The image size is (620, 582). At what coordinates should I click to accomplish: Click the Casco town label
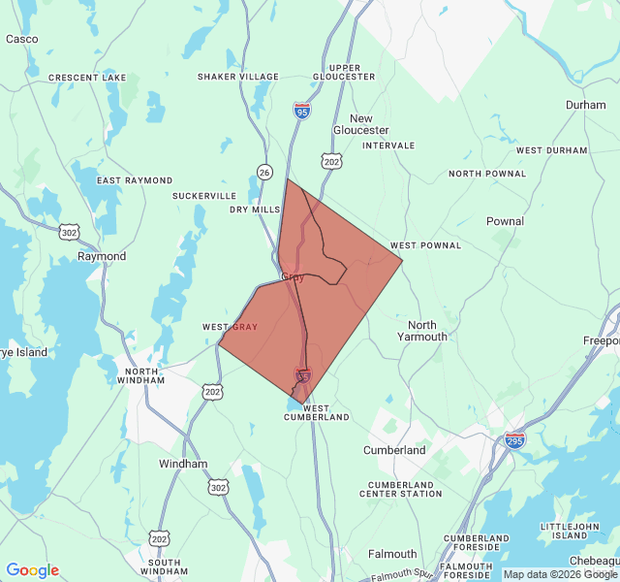click(21, 39)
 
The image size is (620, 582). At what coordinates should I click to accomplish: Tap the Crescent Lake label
click(87, 77)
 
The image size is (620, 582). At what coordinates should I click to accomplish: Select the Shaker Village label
click(237, 77)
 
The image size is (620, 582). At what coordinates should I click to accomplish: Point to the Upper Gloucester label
click(345, 71)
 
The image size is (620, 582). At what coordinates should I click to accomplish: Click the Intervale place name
click(388, 145)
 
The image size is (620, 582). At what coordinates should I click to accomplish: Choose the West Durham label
click(551, 150)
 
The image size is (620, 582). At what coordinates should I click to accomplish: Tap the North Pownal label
click(487, 174)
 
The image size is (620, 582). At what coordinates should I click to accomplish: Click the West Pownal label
click(425, 245)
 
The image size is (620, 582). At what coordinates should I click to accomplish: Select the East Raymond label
click(135, 180)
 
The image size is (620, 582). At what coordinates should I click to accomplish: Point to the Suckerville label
click(204, 196)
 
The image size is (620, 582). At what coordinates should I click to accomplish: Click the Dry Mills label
click(255, 210)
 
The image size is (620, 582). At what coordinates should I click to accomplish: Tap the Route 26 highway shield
click(264, 172)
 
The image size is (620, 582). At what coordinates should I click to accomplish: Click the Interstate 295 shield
click(514, 440)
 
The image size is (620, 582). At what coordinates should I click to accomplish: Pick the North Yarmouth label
click(422, 331)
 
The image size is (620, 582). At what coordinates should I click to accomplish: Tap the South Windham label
click(164, 567)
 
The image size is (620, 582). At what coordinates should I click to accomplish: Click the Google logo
click(32, 570)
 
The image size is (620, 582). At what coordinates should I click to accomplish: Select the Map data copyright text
click(559, 574)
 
